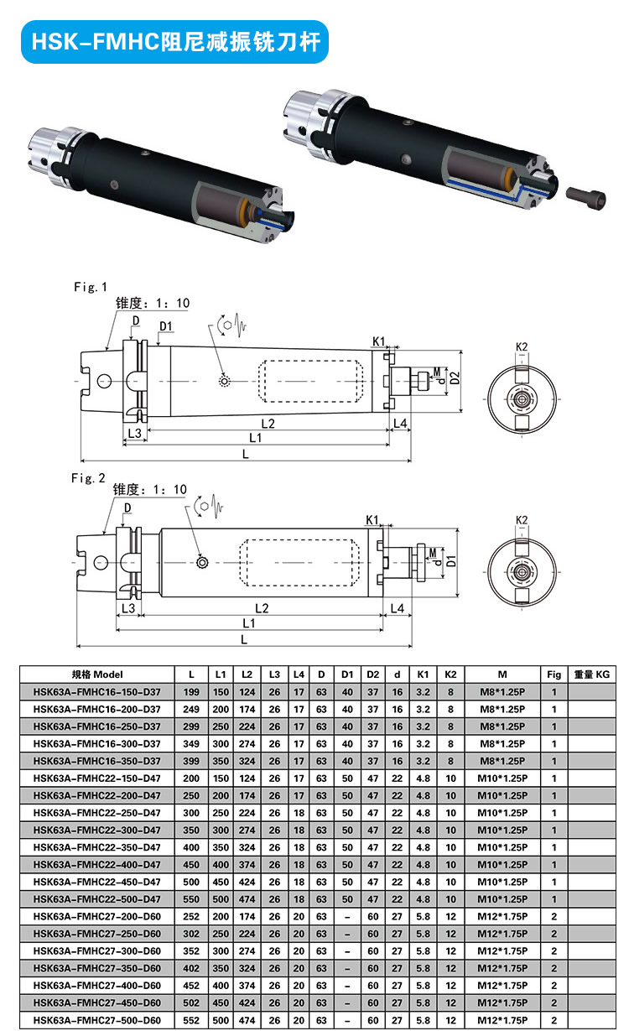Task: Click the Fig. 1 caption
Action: point(91,287)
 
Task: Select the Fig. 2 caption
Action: point(89,478)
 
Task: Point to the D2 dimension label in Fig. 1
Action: point(455,378)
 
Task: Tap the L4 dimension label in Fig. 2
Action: point(398,607)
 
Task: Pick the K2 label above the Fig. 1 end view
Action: point(522,346)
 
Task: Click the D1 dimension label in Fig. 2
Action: point(450,560)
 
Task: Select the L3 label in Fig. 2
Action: point(128,607)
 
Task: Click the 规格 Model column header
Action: point(97,674)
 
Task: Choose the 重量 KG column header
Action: point(591,674)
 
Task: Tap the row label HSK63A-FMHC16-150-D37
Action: point(96,692)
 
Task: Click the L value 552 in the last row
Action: point(192,1021)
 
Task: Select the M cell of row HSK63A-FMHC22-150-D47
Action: point(502,778)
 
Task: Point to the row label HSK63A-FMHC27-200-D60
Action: point(96,917)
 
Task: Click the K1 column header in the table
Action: point(423,674)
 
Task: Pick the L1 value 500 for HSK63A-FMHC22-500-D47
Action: point(221,899)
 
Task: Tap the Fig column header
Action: point(554,674)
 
